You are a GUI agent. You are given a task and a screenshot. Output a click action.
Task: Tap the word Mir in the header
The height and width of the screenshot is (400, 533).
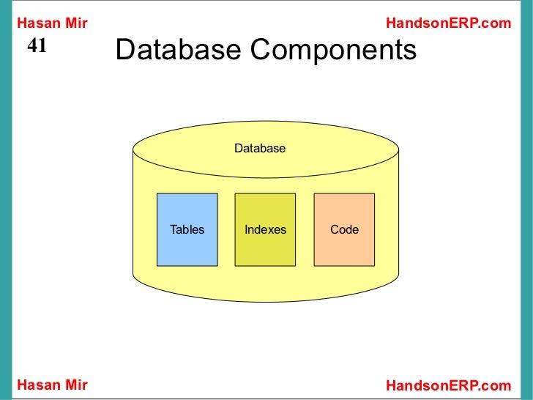(x=77, y=23)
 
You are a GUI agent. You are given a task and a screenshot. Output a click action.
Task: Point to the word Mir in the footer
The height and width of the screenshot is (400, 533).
(x=77, y=385)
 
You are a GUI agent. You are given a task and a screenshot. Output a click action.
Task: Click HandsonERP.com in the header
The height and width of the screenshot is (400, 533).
(x=447, y=23)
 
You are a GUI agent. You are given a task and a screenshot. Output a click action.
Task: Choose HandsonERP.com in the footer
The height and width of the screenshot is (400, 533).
(x=447, y=385)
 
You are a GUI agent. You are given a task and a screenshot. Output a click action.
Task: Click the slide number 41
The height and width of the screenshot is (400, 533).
(x=37, y=46)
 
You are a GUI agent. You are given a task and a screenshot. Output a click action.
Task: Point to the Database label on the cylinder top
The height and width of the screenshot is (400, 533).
(x=260, y=149)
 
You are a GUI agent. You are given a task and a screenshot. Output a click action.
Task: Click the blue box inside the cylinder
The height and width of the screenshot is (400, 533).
(x=187, y=249)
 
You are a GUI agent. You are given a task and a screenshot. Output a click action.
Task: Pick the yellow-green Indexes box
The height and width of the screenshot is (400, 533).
(x=265, y=249)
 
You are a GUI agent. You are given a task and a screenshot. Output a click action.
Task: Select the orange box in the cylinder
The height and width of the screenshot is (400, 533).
(x=344, y=249)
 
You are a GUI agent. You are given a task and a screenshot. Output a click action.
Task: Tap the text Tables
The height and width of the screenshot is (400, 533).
(x=187, y=229)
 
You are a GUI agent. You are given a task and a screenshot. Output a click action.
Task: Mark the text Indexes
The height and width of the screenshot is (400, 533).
(x=265, y=229)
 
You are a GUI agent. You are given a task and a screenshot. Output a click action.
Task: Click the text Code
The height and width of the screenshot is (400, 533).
(x=344, y=229)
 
